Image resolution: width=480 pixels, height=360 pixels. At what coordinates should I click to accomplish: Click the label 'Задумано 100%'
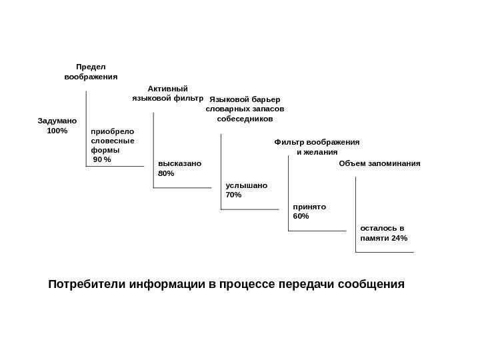[x=57, y=126]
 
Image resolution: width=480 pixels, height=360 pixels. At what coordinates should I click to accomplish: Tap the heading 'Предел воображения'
[x=91, y=72]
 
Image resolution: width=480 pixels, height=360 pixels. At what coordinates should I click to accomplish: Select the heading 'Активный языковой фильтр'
[x=167, y=93]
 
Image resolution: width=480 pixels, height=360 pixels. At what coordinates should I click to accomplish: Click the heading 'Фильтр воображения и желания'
[x=317, y=147]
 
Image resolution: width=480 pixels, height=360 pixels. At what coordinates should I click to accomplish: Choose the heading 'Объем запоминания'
[x=380, y=163]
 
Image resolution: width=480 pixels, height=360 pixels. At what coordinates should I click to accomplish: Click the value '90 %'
[x=103, y=160]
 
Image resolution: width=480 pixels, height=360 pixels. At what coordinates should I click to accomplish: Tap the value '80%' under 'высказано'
[x=166, y=173]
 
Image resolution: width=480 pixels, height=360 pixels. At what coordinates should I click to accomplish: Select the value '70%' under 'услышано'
[x=234, y=195]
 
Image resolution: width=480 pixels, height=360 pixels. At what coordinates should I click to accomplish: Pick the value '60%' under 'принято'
[x=301, y=217]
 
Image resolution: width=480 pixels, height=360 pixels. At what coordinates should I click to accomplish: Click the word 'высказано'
[x=179, y=163]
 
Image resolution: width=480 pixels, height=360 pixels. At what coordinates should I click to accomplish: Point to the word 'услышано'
[x=247, y=185]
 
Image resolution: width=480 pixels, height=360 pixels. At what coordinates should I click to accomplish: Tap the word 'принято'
[x=309, y=207]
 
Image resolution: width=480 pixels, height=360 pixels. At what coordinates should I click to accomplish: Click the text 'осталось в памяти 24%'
[x=383, y=233]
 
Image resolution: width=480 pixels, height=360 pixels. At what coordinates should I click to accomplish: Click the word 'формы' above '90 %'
[x=103, y=150]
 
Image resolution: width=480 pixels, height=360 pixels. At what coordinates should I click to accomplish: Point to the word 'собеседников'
[x=245, y=119]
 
